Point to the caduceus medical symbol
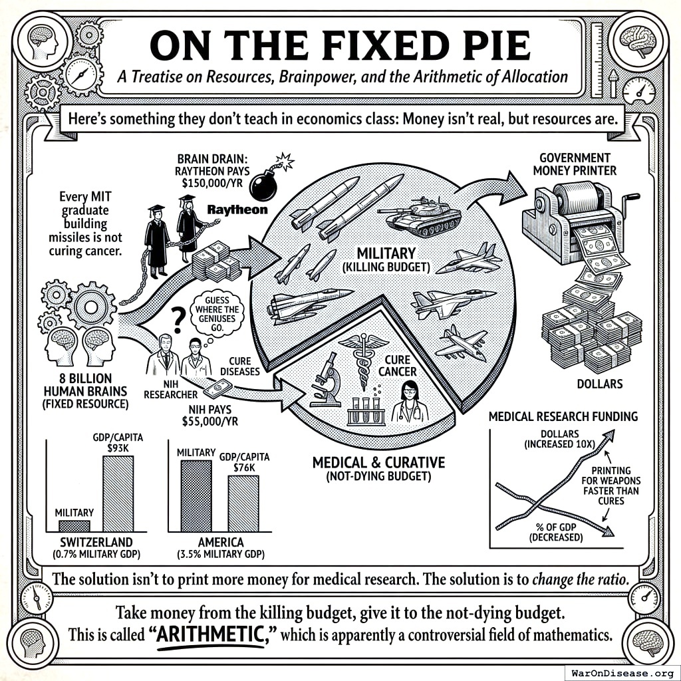click(362, 359)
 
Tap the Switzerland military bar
click(74, 525)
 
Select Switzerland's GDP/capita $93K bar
click(118, 493)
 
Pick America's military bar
click(196, 495)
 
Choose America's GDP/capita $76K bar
click(243, 503)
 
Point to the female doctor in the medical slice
click(407, 402)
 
